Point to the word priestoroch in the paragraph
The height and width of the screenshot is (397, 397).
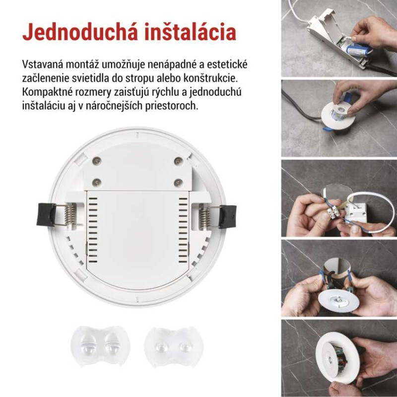173,106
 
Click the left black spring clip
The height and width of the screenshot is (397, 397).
46,214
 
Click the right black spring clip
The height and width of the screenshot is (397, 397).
228,216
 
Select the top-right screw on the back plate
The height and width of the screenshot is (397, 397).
178,161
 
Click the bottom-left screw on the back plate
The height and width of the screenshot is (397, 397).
98,182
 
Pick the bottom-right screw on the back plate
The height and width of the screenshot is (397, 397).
178,182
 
